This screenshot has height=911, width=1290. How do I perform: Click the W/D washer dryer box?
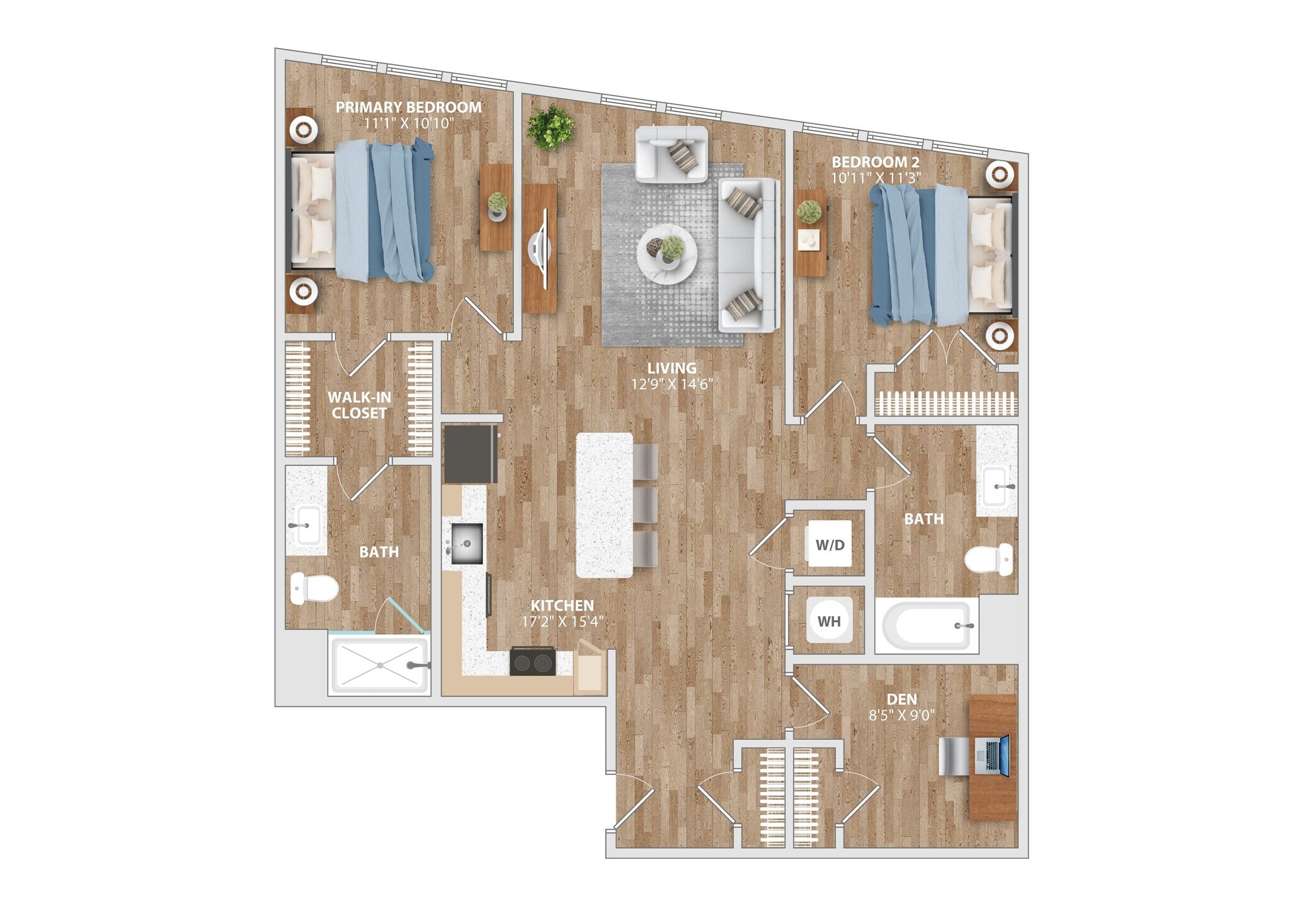(830, 544)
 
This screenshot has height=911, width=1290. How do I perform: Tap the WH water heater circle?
(829, 621)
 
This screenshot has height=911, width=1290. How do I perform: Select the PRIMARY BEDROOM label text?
(408, 107)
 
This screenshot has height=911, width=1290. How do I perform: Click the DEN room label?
(901, 699)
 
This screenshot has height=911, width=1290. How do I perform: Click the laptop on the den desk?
(992, 755)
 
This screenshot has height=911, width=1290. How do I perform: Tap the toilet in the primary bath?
(315, 589)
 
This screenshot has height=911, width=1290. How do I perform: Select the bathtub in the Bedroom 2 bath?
(926, 626)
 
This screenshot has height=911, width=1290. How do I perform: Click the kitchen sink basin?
(466, 543)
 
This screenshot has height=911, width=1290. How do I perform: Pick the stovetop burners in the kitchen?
(533, 662)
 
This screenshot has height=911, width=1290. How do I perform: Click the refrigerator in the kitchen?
(470, 454)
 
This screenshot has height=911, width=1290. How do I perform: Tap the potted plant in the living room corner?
(551, 128)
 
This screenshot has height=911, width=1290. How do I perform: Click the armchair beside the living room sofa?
(671, 154)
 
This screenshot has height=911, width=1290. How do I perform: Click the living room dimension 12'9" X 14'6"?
(671, 384)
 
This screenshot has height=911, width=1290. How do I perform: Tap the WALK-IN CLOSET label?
(359, 405)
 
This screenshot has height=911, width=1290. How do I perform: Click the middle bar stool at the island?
(645, 504)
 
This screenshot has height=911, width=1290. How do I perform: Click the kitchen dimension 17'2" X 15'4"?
(562, 622)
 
